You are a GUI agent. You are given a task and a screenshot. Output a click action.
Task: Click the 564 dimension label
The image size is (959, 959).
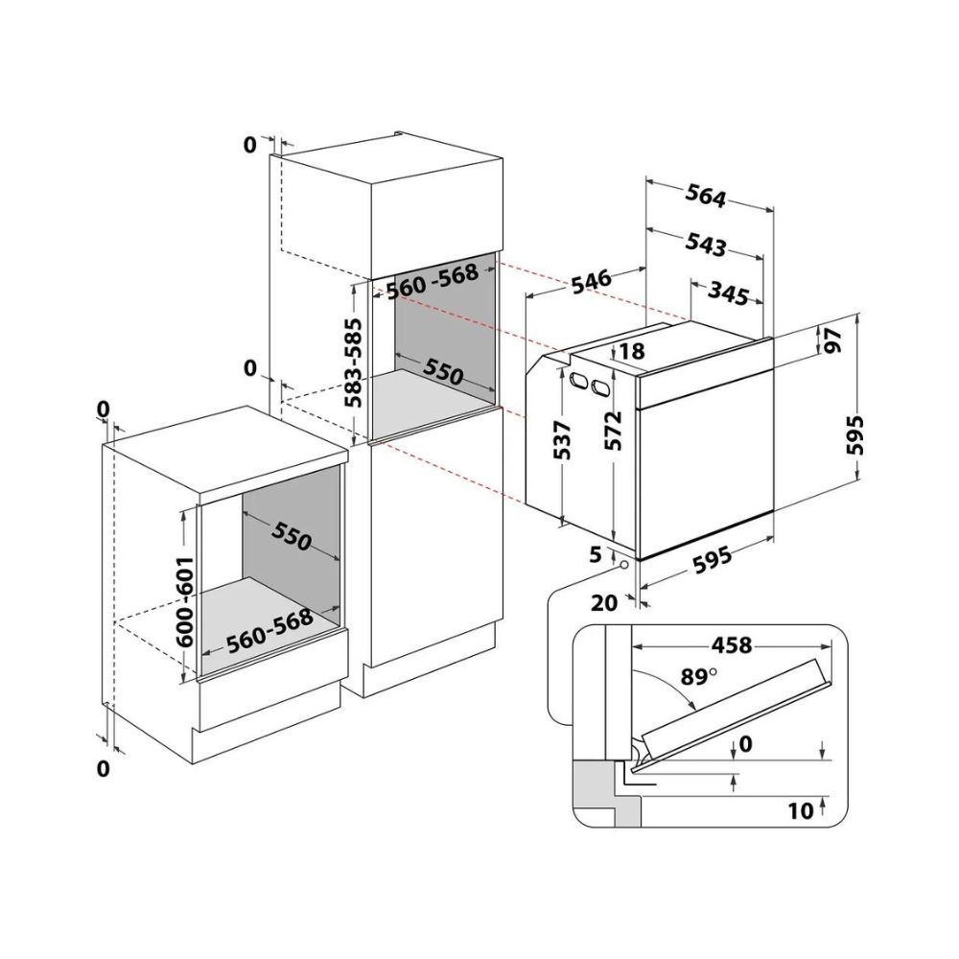coord(705,196)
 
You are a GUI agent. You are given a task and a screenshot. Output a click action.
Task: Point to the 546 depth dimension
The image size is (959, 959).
coord(591,279)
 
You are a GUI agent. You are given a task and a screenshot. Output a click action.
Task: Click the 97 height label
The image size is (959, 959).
coord(832,340)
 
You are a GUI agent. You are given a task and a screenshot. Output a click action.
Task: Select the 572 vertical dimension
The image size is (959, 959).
coord(612,432)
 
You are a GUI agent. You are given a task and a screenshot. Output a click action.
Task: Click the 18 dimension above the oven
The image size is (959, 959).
coord(632,351)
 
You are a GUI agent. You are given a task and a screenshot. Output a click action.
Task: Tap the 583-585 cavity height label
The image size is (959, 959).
coord(353,363)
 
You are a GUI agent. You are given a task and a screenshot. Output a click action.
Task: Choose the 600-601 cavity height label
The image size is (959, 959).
coord(184,602)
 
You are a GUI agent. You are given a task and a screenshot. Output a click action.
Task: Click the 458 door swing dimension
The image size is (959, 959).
coord(732,644)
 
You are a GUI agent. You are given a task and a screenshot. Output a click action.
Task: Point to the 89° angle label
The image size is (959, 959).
coord(698,677)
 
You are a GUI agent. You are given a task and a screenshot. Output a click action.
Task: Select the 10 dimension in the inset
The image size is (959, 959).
coord(801,810)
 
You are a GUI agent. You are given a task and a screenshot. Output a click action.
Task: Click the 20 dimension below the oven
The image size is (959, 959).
coord(604,603)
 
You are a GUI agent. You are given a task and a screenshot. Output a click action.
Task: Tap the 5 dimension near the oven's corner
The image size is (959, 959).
coord(596,554)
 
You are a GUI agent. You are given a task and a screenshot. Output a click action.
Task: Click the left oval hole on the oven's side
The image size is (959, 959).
coord(576,380)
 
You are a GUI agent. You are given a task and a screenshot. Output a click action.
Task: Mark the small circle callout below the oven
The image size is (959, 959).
coord(624,565)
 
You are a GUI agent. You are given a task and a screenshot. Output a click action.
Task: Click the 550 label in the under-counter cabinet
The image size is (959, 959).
coord(292,536)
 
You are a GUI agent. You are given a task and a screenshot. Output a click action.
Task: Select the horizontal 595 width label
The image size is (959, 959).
coord(711,558)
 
